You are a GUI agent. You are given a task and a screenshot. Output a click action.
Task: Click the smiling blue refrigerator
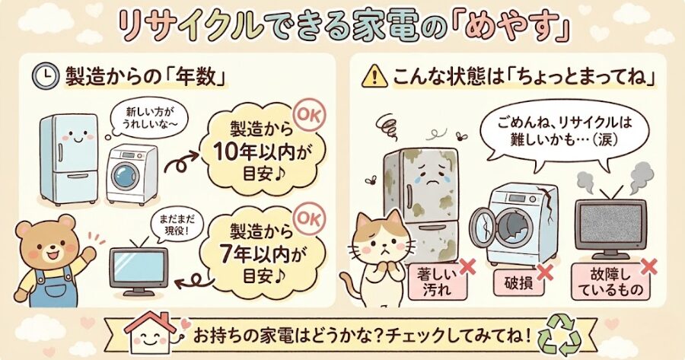[x=69, y=156]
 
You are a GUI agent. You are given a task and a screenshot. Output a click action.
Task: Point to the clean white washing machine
[x=132, y=175]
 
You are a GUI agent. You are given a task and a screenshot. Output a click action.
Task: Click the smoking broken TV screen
[x=609, y=226]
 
